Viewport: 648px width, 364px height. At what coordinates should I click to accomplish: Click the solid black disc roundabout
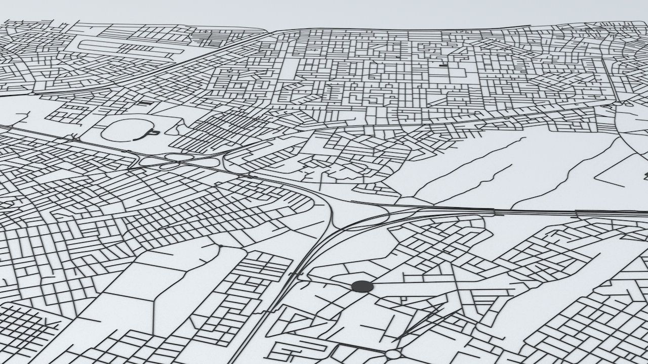pos(362,287)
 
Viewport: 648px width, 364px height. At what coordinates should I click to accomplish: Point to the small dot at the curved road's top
pos(221,246)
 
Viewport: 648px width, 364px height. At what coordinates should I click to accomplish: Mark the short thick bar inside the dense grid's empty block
pos(443,65)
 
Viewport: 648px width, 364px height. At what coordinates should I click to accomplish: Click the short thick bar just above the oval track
pos(145,103)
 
